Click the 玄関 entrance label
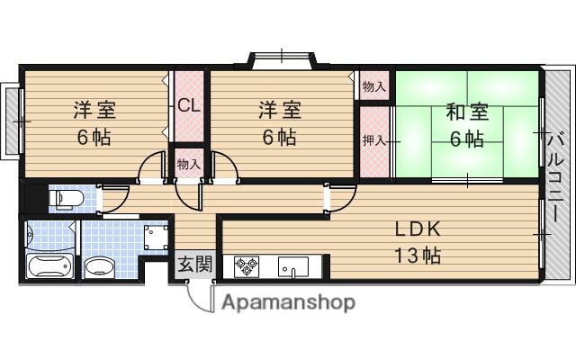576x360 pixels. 193,265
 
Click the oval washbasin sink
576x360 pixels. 100,267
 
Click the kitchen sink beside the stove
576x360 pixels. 292,267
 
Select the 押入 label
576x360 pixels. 374,139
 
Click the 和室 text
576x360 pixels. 466,112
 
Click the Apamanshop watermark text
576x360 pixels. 288,301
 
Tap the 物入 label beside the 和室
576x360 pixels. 374,86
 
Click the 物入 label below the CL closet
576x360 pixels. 189,165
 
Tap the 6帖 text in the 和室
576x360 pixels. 466,139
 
